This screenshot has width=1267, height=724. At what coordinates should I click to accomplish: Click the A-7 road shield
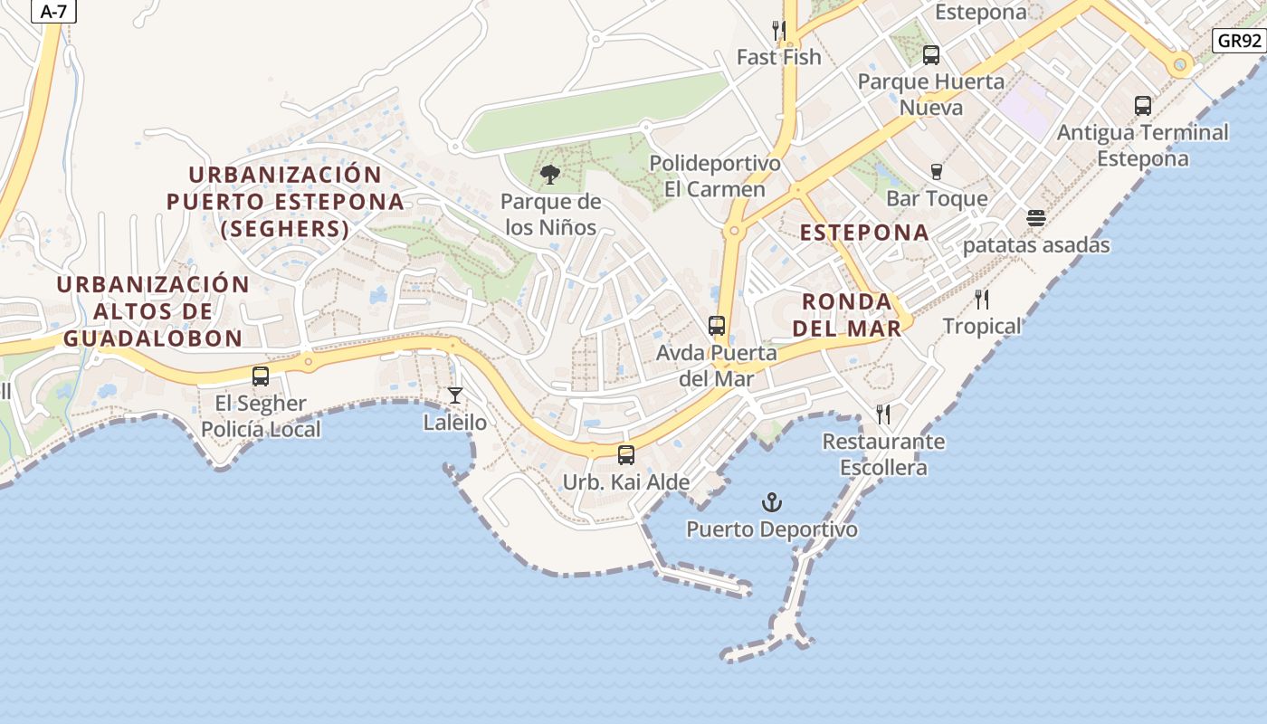[54, 11]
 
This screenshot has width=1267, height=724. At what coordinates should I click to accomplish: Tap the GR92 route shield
[1238, 41]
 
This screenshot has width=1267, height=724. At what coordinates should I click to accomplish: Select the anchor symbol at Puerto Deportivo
[771, 502]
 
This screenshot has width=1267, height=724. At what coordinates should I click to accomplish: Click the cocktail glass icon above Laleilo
[455, 395]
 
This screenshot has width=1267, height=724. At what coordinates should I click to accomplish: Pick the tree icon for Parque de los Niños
[549, 175]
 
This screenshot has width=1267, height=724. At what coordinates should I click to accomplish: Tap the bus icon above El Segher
[261, 376]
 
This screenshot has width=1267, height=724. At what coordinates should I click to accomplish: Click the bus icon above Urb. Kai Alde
[625, 455]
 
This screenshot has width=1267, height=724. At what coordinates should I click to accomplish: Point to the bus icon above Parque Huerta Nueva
[931, 55]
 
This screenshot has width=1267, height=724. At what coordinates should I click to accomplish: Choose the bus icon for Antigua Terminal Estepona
[1143, 106]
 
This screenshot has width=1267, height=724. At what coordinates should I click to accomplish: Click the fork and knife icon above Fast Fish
[778, 31]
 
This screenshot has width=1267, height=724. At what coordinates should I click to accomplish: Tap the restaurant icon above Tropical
[982, 300]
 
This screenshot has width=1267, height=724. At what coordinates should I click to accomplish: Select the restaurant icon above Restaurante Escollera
[883, 414]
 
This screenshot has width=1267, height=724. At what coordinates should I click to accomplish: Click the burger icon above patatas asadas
[1036, 218]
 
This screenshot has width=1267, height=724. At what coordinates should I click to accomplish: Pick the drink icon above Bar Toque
[937, 172]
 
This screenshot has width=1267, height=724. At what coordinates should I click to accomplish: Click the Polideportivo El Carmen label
[715, 176]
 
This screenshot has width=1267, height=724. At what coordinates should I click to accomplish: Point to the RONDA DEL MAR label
[847, 314]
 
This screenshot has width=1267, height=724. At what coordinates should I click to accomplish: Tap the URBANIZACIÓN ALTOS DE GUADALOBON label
[152, 311]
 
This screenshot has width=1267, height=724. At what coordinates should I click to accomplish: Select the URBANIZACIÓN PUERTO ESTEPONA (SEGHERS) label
[285, 201]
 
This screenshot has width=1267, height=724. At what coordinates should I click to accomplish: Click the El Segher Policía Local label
[261, 416]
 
